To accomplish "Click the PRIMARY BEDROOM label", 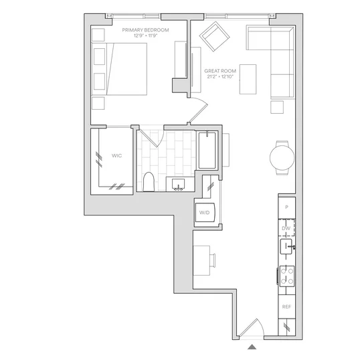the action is (x=145, y=30).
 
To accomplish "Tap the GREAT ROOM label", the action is (x=220, y=71).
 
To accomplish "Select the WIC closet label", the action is (x=116, y=156).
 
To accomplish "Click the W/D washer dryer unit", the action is (x=205, y=212).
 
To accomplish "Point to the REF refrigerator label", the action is (x=286, y=306).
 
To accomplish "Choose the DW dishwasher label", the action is (x=286, y=228).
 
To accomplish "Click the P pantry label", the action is (x=286, y=207).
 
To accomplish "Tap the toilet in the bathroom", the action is (x=149, y=182).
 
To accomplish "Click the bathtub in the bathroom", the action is (x=207, y=151).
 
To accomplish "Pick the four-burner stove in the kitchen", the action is (x=287, y=276).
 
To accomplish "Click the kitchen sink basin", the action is (x=286, y=247).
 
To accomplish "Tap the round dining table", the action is (x=282, y=158).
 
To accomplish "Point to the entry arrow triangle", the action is (x=252, y=347).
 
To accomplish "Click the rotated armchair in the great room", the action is (x=214, y=36).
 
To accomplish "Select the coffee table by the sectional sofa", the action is (x=248, y=79).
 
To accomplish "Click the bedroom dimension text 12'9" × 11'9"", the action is (x=145, y=36).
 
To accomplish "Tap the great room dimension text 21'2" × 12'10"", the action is (x=220, y=77).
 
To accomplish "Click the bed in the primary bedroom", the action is (x=119, y=69).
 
